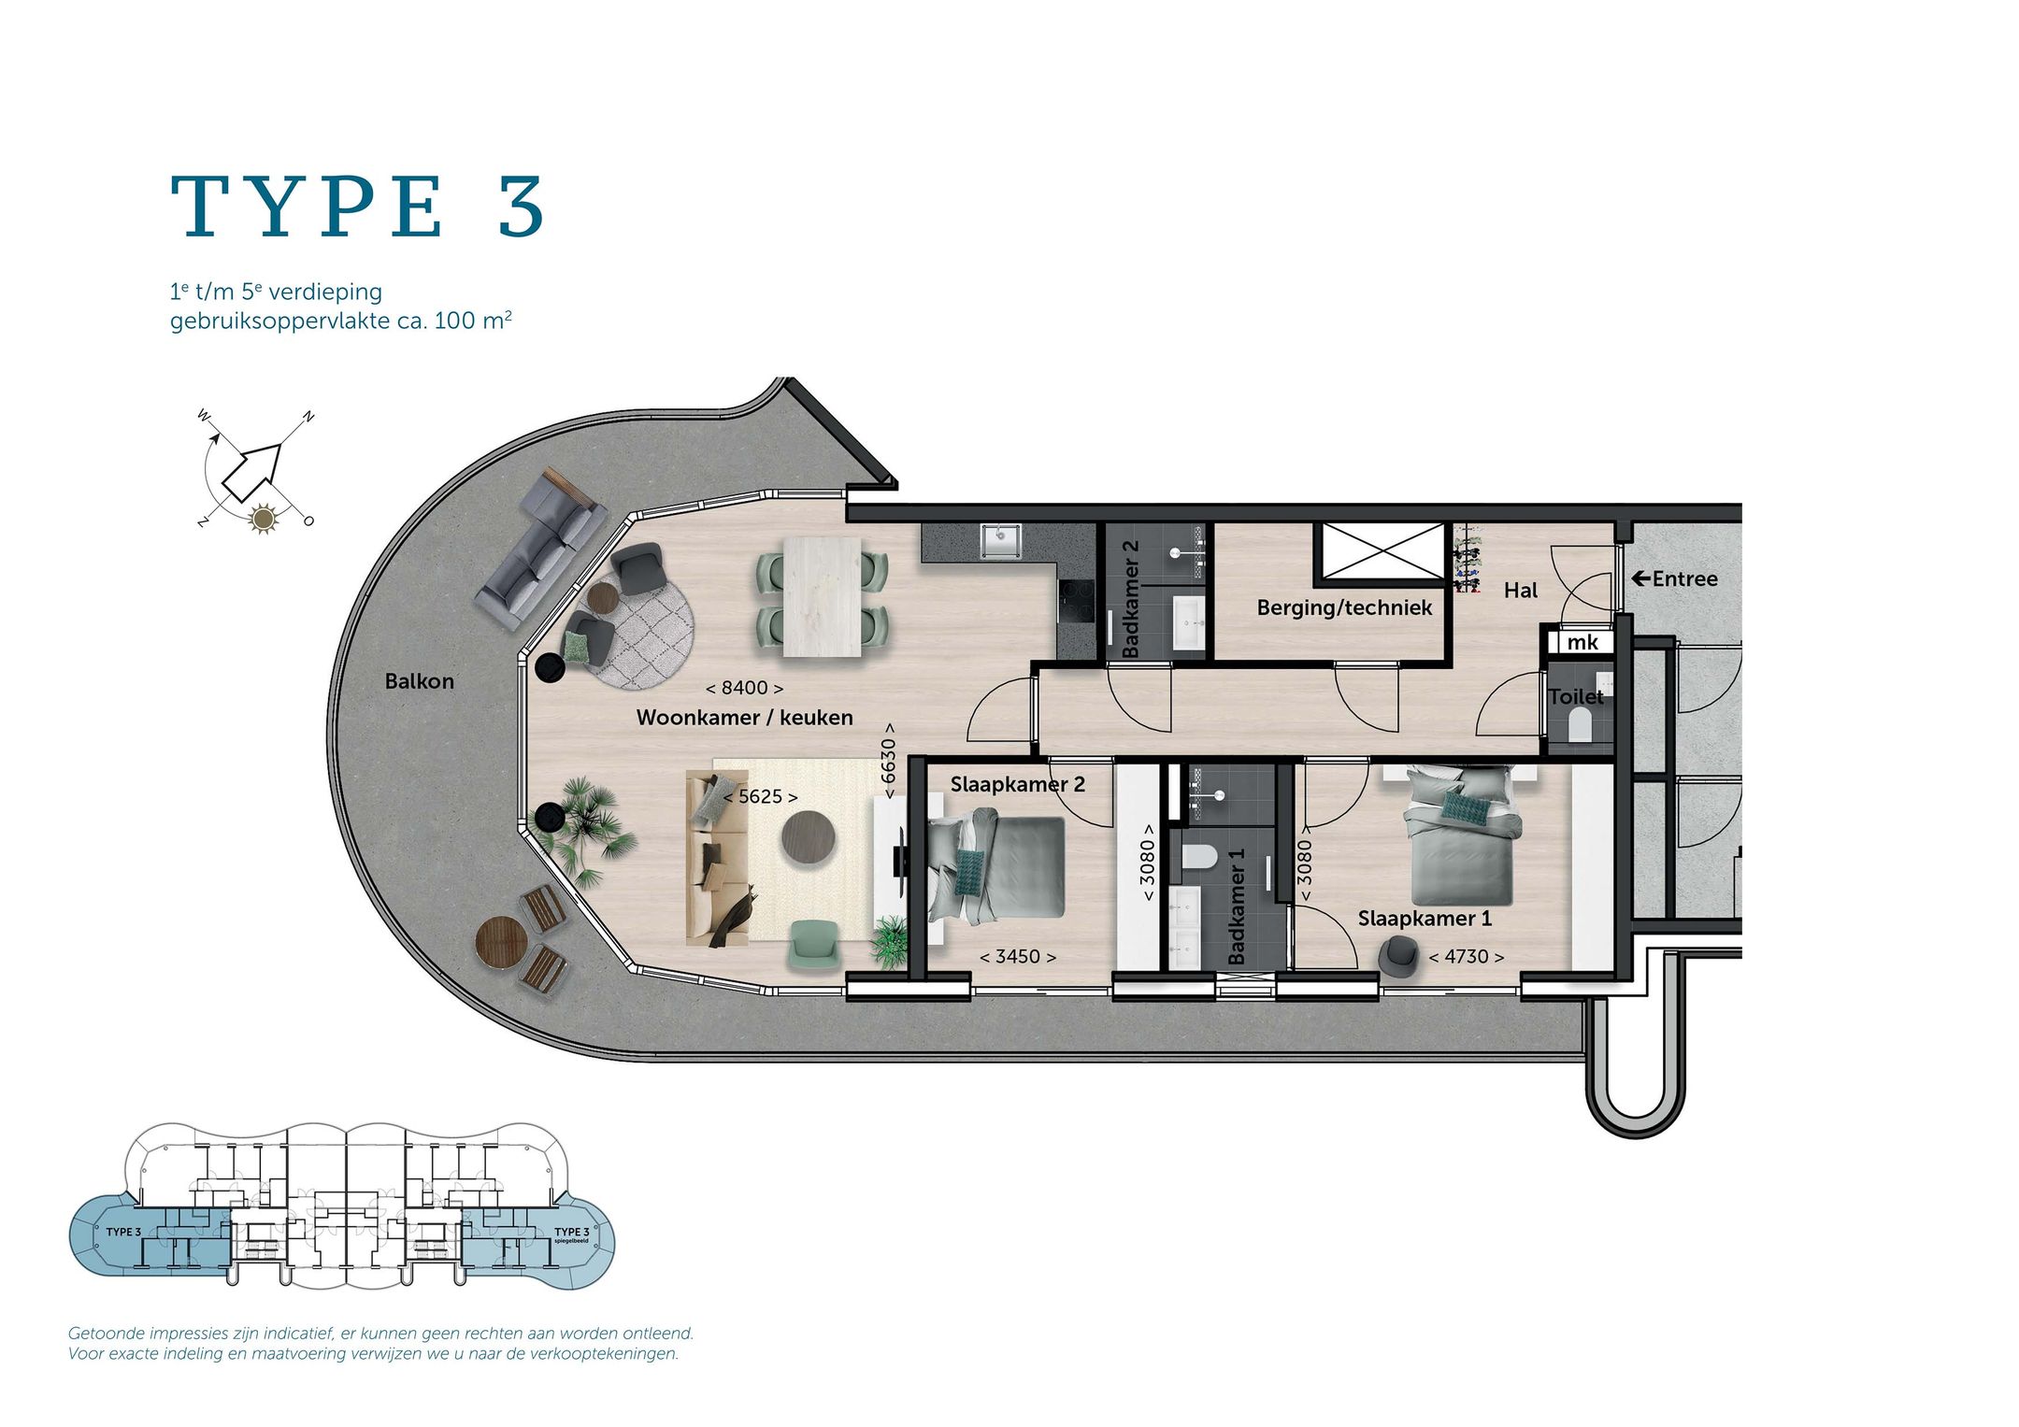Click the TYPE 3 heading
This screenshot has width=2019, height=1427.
(x=357, y=207)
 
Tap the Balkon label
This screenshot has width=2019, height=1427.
(x=420, y=681)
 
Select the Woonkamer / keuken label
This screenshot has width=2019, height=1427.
(x=745, y=718)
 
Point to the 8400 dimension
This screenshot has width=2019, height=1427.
(x=744, y=688)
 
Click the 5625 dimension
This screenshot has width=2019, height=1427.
(x=761, y=796)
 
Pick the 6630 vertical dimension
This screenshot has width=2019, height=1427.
(x=888, y=761)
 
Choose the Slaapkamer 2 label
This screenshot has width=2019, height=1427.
(x=1018, y=784)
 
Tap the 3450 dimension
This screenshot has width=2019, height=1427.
(x=1018, y=956)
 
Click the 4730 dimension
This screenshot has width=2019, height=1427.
(x=1467, y=956)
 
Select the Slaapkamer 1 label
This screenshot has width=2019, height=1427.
(x=1425, y=919)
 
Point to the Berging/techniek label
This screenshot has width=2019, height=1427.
(x=1344, y=608)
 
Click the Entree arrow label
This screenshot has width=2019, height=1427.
(x=1674, y=578)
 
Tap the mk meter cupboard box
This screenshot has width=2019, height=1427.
(x=1582, y=642)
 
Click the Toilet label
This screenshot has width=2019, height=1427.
(x=1576, y=696)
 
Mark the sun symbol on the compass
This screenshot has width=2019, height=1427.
(x=265, y=518)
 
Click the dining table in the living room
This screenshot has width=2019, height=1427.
(x=823, y=597)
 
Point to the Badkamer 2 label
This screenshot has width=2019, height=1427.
(x=1130, y=598)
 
